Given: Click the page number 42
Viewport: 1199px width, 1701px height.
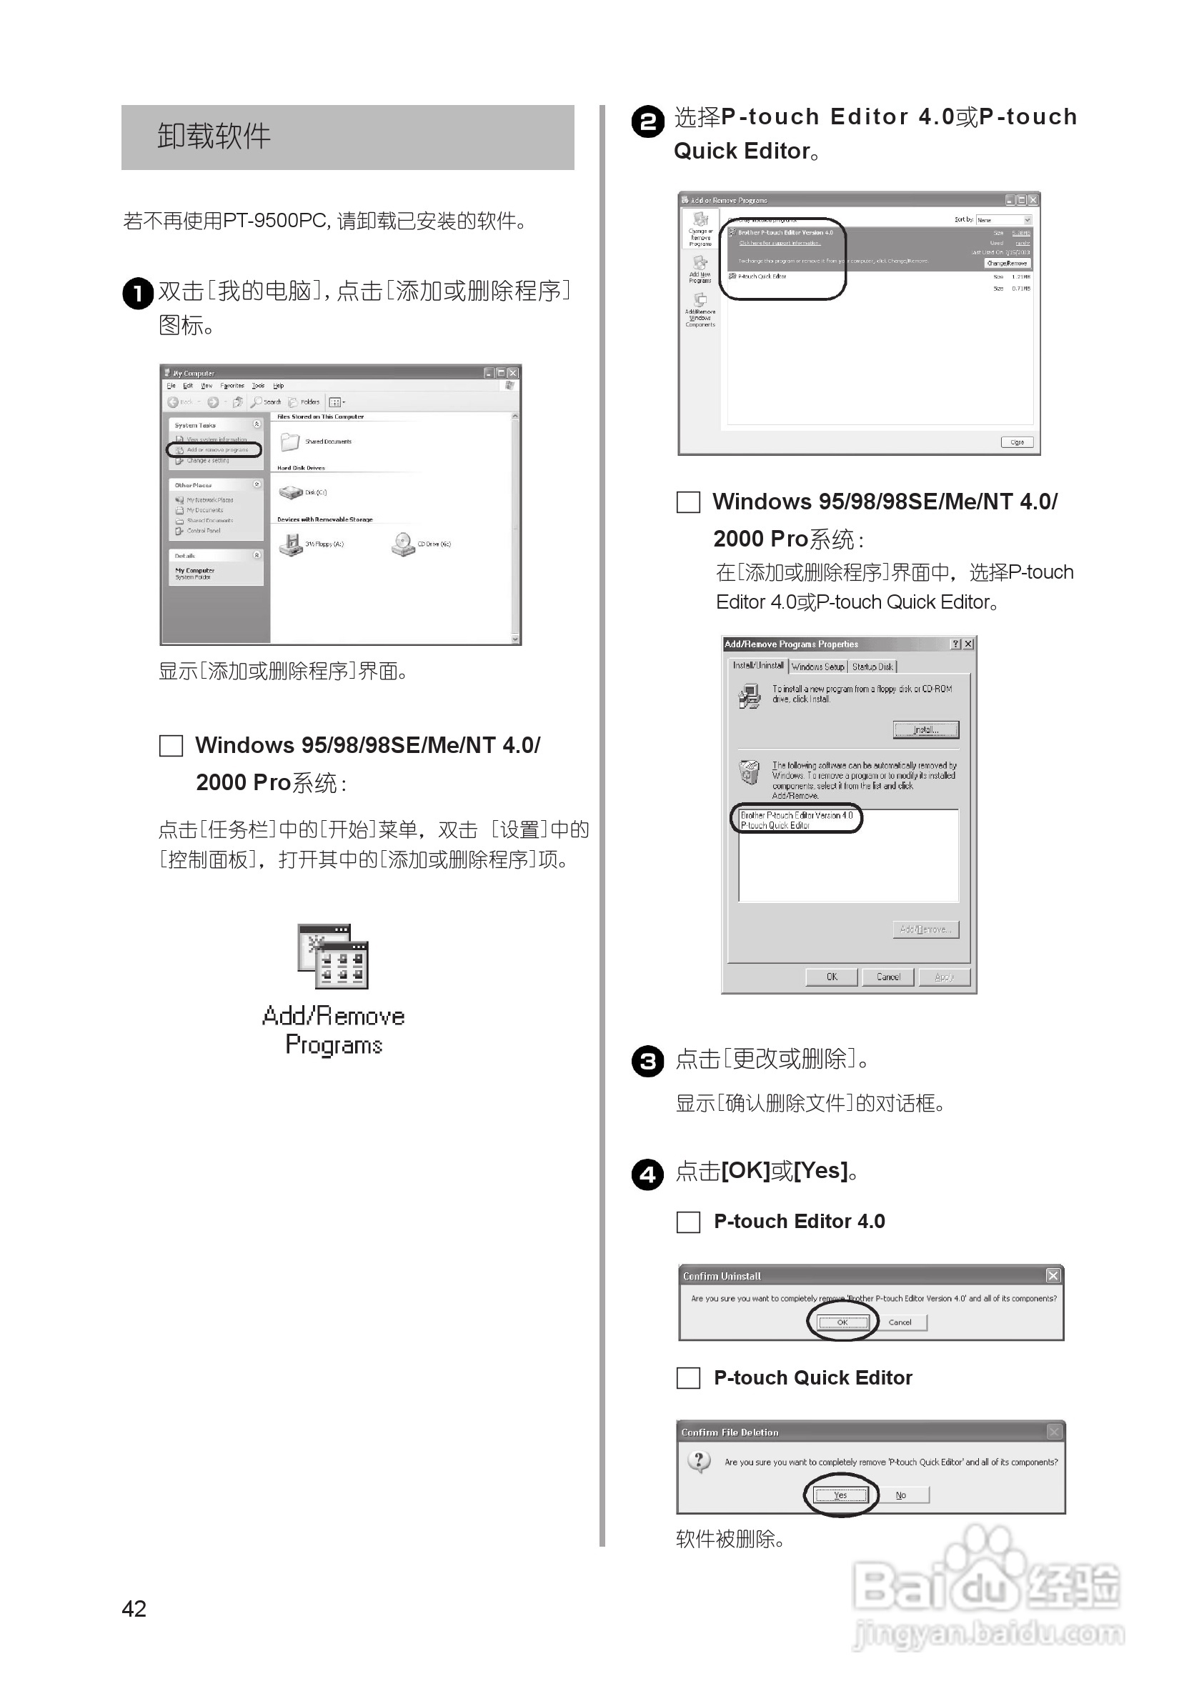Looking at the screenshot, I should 134,1608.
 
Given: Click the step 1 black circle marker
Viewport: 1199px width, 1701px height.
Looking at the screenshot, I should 137,294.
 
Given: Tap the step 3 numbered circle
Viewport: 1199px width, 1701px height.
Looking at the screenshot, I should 647,1062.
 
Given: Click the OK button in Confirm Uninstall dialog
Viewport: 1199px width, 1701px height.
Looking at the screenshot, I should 842,1322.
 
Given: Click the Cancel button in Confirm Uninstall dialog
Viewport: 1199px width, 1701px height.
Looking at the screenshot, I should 900,1322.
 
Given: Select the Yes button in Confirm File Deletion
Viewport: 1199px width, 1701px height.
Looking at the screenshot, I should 840,1495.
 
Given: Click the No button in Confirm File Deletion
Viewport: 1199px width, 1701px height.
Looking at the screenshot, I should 901,1495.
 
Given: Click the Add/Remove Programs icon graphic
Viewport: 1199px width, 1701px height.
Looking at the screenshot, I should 333,957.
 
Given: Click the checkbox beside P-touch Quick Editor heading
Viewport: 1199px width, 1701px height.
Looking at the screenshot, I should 688,1378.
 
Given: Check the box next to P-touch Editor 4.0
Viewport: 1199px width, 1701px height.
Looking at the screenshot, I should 688,1222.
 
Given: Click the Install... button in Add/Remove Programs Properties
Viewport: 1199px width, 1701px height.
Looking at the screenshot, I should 925,729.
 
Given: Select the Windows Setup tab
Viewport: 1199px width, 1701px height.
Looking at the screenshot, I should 817,667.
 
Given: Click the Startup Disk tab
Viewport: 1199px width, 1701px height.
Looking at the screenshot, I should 872,667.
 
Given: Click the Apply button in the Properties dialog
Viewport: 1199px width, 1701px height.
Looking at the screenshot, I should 943,977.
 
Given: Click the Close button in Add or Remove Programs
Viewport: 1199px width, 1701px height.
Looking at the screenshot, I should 1017,442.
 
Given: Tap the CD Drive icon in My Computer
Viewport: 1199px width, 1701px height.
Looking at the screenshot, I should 403,544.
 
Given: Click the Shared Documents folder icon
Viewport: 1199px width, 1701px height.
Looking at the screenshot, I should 289,442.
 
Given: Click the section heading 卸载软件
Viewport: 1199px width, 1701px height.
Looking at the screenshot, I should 214,137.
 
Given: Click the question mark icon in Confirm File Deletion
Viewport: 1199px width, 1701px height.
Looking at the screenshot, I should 699,1462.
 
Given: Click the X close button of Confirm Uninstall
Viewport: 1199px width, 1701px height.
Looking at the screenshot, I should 1053,1275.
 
